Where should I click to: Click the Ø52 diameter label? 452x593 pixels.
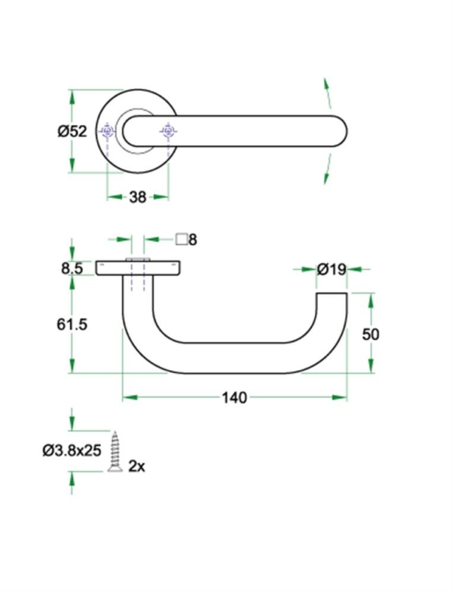pos(72,131)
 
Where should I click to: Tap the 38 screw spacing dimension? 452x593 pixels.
pos(137,197)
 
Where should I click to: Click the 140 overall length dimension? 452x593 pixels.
pos(234,397)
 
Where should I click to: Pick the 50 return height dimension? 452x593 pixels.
pos(370,334)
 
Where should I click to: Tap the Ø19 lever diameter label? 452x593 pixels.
pos(331,268)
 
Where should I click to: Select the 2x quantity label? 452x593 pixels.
pos(136,466)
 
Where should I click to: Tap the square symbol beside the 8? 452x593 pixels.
pos(181,240)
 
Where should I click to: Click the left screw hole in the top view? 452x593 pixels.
pos(107,132)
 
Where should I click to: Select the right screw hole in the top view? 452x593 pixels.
pos(167,132)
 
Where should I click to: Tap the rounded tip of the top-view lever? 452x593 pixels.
pos(338,132)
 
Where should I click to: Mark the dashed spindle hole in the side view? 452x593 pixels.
pos(137,275)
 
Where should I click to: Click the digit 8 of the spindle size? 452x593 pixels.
pos(192,240)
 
